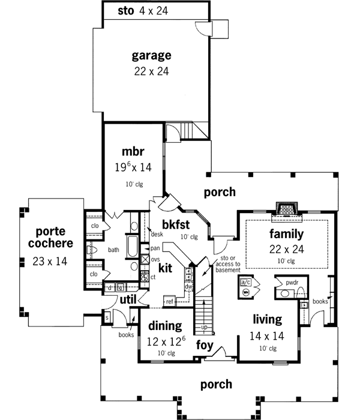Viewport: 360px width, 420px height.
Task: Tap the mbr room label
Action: coord(134,151)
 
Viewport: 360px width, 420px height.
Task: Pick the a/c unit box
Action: coord(245,282)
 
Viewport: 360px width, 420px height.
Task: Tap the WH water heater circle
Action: coord(245,292)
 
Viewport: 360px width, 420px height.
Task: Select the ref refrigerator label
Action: coord(170,301)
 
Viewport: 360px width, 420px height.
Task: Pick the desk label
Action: coord(158,234)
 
